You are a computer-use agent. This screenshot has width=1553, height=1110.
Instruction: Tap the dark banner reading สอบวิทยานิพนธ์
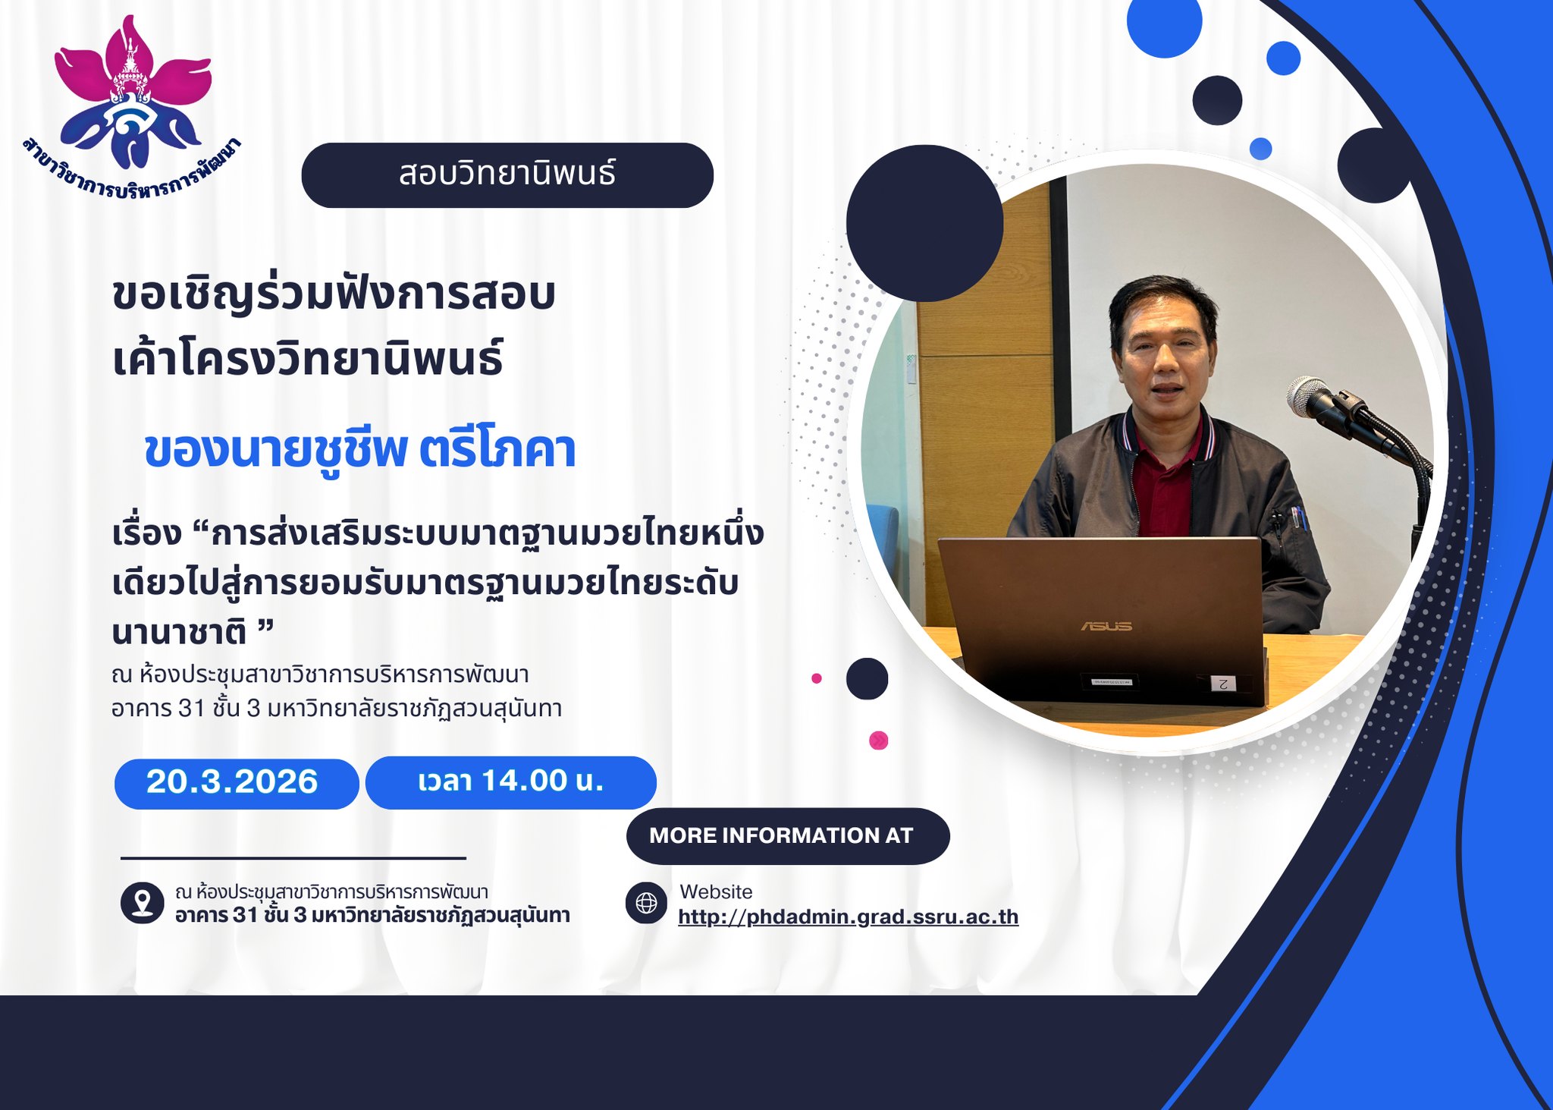click(x=507, y=175)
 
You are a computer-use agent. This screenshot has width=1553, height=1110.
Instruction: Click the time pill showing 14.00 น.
click(x=511, y=782)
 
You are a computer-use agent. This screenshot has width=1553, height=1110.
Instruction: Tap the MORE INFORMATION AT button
click(x=788, y=836)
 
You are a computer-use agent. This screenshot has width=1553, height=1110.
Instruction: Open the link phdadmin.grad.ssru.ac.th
click(x=848, y=917)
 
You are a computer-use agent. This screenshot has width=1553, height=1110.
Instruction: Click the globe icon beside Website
click(x=646, y=903)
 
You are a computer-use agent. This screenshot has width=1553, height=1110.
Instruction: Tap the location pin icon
click(x=142, y=903)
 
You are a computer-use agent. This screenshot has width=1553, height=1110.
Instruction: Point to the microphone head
click(x=1310, y=397)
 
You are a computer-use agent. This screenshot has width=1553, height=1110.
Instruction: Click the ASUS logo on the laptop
click(x=1106, y=626)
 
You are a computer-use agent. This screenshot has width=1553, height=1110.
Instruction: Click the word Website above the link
click(x=716, y=891)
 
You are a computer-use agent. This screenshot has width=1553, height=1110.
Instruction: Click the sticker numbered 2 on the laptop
click(x=1222, y=683)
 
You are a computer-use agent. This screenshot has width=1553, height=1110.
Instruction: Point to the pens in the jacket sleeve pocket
click(x=1297, y=517)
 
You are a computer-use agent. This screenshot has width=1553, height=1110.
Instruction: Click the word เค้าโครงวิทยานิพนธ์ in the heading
click(x=308, y=360)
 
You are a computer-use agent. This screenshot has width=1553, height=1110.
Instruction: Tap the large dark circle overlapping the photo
click(x=924, y=223)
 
